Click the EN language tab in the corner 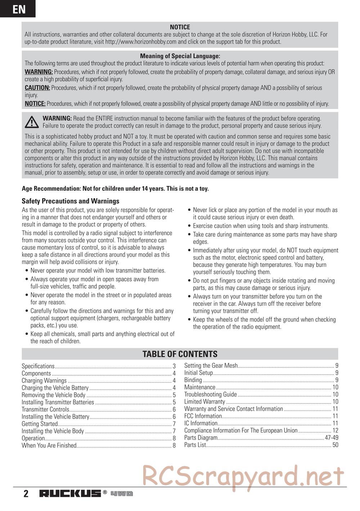pyautogui.click(x=18, y=9)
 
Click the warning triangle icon pyautogui.click(x=32, y=122)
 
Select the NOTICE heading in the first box pyautogui.click(x=180, y=27)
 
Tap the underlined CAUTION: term pyautogui.click(x=37, y=88)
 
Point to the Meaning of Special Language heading pyautogui.click(x=180, y=56)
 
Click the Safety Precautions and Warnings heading pyautogui.click(x=71, y=201)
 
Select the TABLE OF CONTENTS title pyautogui.click(x=180, y=354)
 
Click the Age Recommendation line pyautogui.click(x=115, y=189)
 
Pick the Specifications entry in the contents pyautogui.click(x=38, y=366)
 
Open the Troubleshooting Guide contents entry pyautogui.click(x=211, y=394)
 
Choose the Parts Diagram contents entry pyautogui.click(x=201, y=438)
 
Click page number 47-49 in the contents pyautogui.click(x=332, y=438)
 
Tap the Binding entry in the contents pyautogui.click(x=193, y=380)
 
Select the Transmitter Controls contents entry pyautogui.click(x=45, y=410)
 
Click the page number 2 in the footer pyautogui.click(x=26, y=494)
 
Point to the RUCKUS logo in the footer pyautogui.click(x=70, y=493)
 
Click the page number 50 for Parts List pyautogui.click(x=335, y=445)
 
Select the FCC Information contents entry pyautogui.click(x=203, y=416)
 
